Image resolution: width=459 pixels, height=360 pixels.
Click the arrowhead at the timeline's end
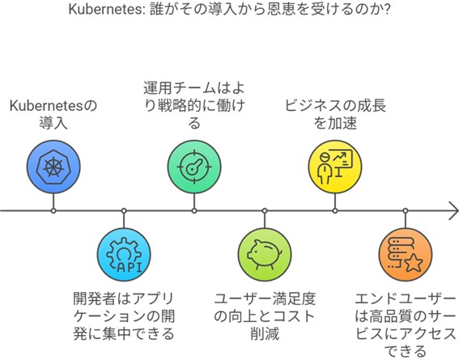pos(453,210)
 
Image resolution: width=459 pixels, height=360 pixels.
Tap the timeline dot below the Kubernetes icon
pos(53,210)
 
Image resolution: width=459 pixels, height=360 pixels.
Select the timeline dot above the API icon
pos(124,210)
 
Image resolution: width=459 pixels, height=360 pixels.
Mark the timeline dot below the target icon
pos(194,210)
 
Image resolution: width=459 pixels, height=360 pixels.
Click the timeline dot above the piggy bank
pos(265,210)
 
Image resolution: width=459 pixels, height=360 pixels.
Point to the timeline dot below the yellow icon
pos(334,210)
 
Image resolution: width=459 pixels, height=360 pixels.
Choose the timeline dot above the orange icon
pos(405,210)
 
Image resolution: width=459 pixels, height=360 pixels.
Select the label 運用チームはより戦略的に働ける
pos(194,104)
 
